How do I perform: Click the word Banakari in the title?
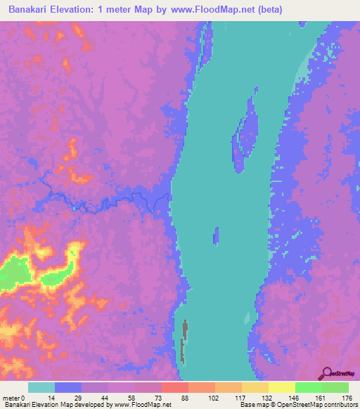pyautogui.click(x=34, y=9)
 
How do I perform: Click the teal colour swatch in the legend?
pyautogui.click(x=41, y=387)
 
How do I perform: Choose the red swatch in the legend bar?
pyautogui.click(x=174, y=387)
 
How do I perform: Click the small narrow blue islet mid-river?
pyautogui.click(x=217, y=237)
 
